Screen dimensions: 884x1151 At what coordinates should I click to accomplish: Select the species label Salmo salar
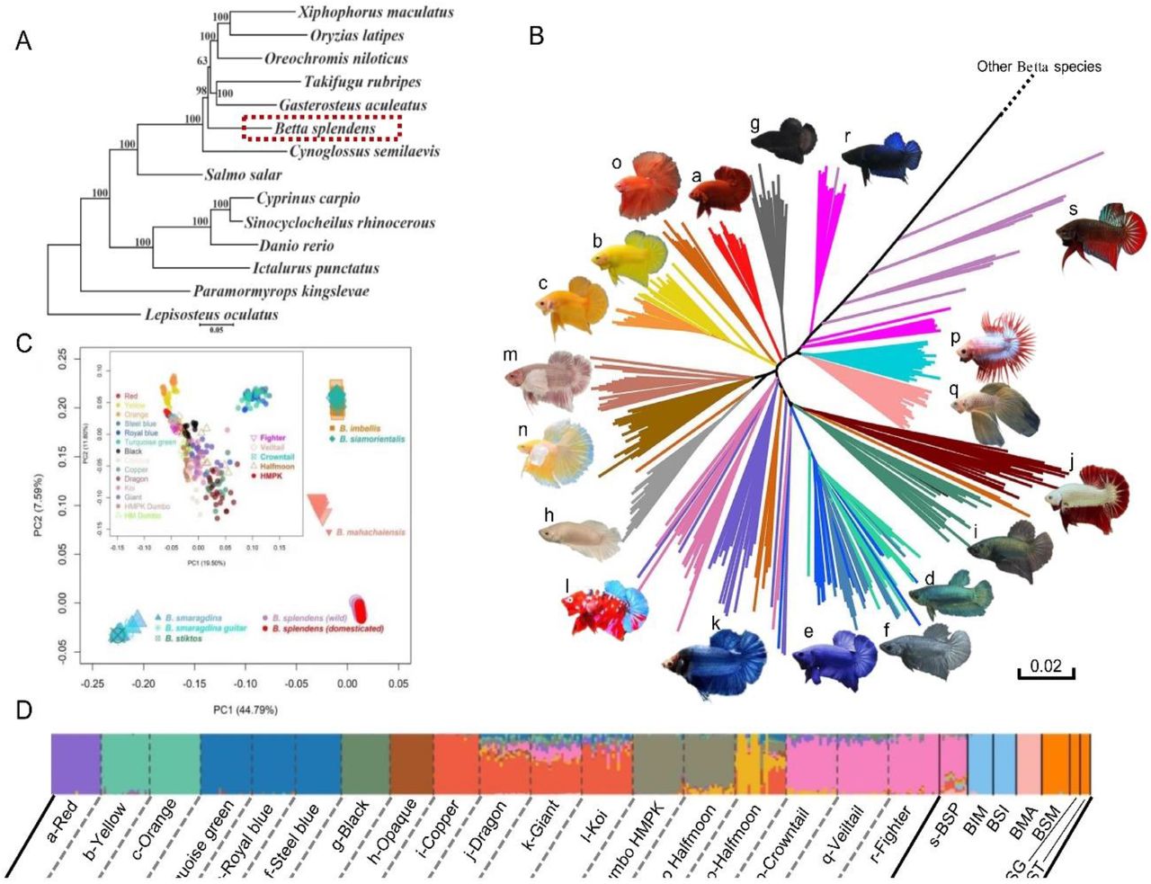(243, 174)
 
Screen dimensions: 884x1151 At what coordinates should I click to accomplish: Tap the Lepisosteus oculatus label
(211, 315)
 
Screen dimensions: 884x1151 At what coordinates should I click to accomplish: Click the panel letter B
(536, 37)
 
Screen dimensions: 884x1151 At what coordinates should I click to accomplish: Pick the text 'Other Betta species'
(1039, 67)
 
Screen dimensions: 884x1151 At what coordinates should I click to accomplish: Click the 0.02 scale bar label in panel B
(1046, 667)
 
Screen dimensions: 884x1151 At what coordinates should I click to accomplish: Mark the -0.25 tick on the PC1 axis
(92, 683)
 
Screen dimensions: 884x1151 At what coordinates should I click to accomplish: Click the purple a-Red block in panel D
(76, 763)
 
